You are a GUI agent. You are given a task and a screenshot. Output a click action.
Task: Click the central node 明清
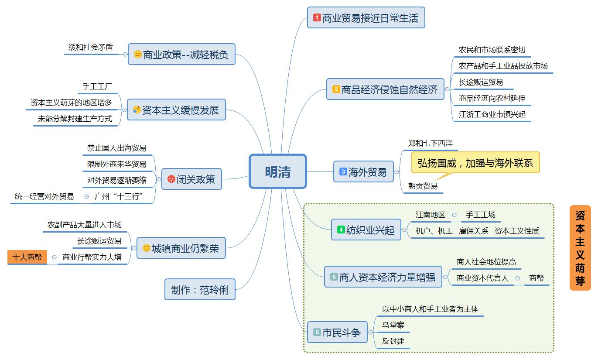click(278, 171)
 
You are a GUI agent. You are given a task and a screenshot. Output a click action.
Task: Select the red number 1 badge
click(317, 18)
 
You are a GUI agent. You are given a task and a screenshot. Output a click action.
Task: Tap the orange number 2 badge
click(336, 89)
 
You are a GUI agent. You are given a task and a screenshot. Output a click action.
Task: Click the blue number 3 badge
click(343, 172)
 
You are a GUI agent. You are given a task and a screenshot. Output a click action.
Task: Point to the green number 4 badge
click(341, 230)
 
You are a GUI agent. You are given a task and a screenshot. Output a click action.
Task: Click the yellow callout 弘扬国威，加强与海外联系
click(475, 163)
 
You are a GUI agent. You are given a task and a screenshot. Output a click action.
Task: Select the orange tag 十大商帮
click(27, 257)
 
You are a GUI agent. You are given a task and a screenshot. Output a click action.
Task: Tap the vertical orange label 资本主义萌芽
click(580, 248)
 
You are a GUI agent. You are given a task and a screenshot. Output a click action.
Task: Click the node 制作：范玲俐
click(200, 289)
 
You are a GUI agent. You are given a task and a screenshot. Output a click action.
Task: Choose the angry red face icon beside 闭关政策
click(171, 179)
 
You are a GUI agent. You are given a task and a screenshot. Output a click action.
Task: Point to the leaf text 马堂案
click(393, 325)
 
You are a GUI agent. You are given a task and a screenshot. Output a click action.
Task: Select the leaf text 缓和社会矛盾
click(90, 47)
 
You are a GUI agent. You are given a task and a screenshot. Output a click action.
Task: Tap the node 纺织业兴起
click(370, 230)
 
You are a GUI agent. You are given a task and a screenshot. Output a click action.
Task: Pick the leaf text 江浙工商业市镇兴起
click(492, 114)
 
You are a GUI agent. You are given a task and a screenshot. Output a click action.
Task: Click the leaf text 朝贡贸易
click(423, 186)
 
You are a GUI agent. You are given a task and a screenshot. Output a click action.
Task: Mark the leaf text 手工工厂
click(97, 86)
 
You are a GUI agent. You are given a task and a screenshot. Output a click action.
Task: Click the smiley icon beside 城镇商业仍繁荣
click(147, 248)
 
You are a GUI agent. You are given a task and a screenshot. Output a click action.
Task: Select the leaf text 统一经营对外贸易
click(44, 196)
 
